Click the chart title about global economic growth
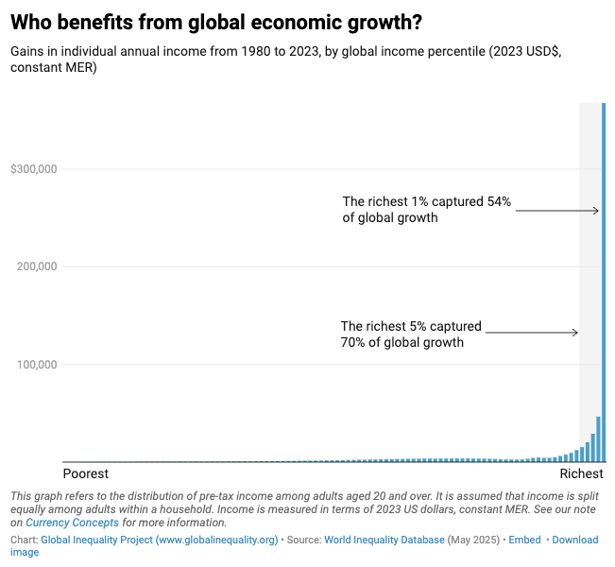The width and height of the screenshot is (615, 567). (x=216, y=22)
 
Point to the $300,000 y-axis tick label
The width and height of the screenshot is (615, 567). (x=34, y=169)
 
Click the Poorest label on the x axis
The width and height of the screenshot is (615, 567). (x=85, y=473)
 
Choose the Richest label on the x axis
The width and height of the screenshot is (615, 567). (x=581, y=473)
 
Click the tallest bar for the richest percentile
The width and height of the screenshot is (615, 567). (x=604, y=283)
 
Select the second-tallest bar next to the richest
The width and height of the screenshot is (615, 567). (x=598, y=439)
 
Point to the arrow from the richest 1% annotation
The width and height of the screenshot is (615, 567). (x=557, y=211)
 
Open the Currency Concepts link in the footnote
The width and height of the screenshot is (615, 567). (x=72, y=523)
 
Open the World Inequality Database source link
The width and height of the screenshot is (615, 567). (x=384, y=540)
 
